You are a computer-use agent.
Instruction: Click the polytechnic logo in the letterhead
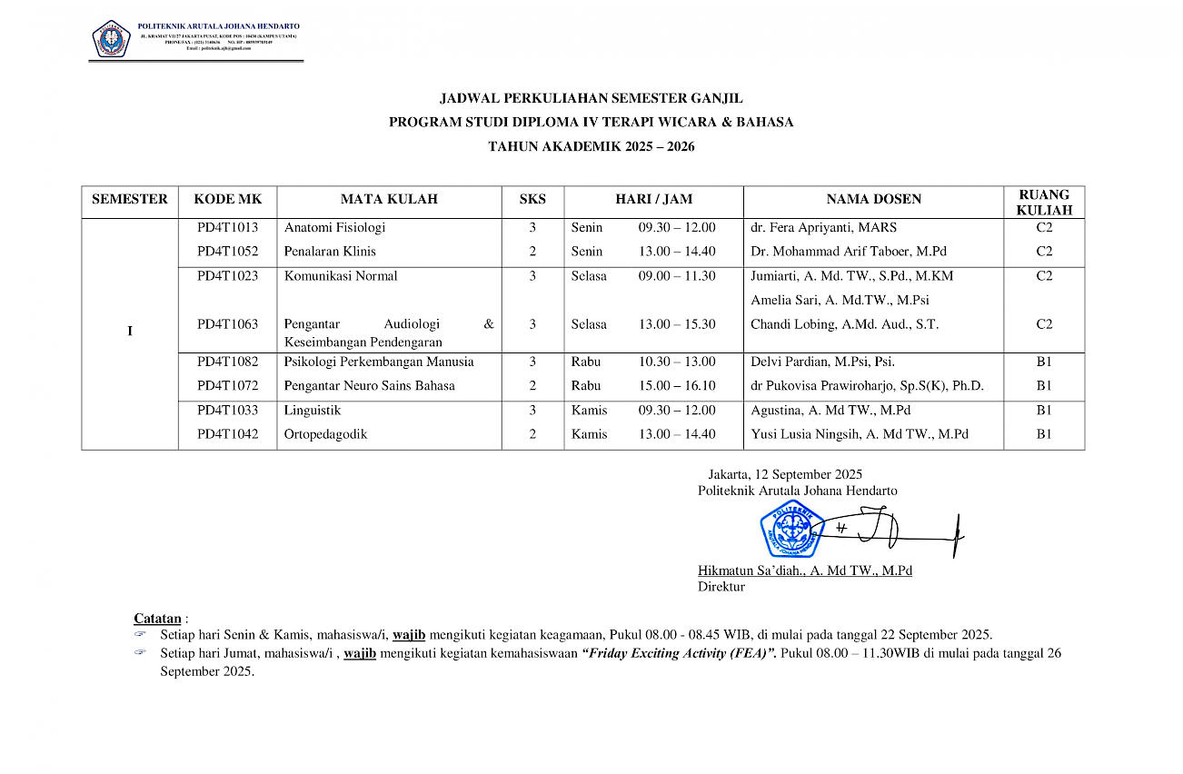pos(111,38)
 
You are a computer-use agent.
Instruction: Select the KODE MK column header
pos(227,200)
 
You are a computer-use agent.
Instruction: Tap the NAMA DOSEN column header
pos(873,200)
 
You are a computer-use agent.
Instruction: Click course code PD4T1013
pos(227,228)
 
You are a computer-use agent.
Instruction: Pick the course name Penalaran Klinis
pos(330,252)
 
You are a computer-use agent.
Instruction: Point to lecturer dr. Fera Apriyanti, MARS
pos(823,228)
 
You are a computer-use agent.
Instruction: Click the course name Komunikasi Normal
pos(341,276)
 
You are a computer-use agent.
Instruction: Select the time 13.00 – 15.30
pos(677,324)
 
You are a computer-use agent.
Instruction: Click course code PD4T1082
pos(227,362)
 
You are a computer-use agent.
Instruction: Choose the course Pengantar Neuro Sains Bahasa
pos(370,386)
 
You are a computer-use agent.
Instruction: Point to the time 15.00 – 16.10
pos(677,386)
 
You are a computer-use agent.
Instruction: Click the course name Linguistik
pos(313,411)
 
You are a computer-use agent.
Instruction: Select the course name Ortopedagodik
pos(325,434)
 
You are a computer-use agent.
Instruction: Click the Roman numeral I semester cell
pos(130,332)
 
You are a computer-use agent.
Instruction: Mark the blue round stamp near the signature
pos(791,529)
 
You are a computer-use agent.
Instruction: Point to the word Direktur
pos(721,587)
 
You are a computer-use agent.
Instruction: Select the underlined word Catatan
pos(157,619)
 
